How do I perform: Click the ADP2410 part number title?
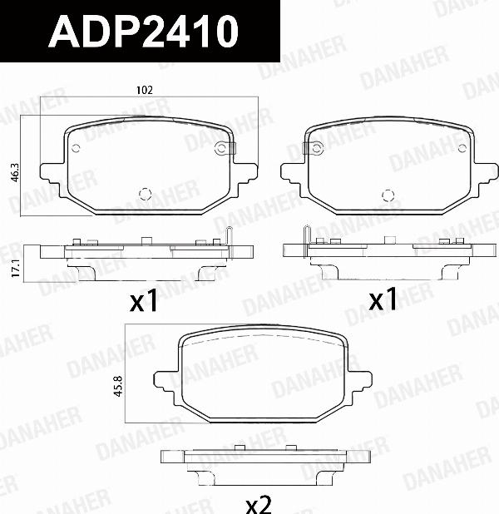pyautogui.click(x=143, y=32)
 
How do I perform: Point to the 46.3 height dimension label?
pyautogui.click(x=14, y=172)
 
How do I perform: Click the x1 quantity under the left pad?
pyautogui.click(x=143, y=301)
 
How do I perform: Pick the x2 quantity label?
pyautogui.click(x=259, y=502)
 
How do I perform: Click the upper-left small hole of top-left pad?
pyautogui.click(x=76, y=150)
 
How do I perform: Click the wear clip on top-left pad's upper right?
pyautogui.click(x=223, y=149)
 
